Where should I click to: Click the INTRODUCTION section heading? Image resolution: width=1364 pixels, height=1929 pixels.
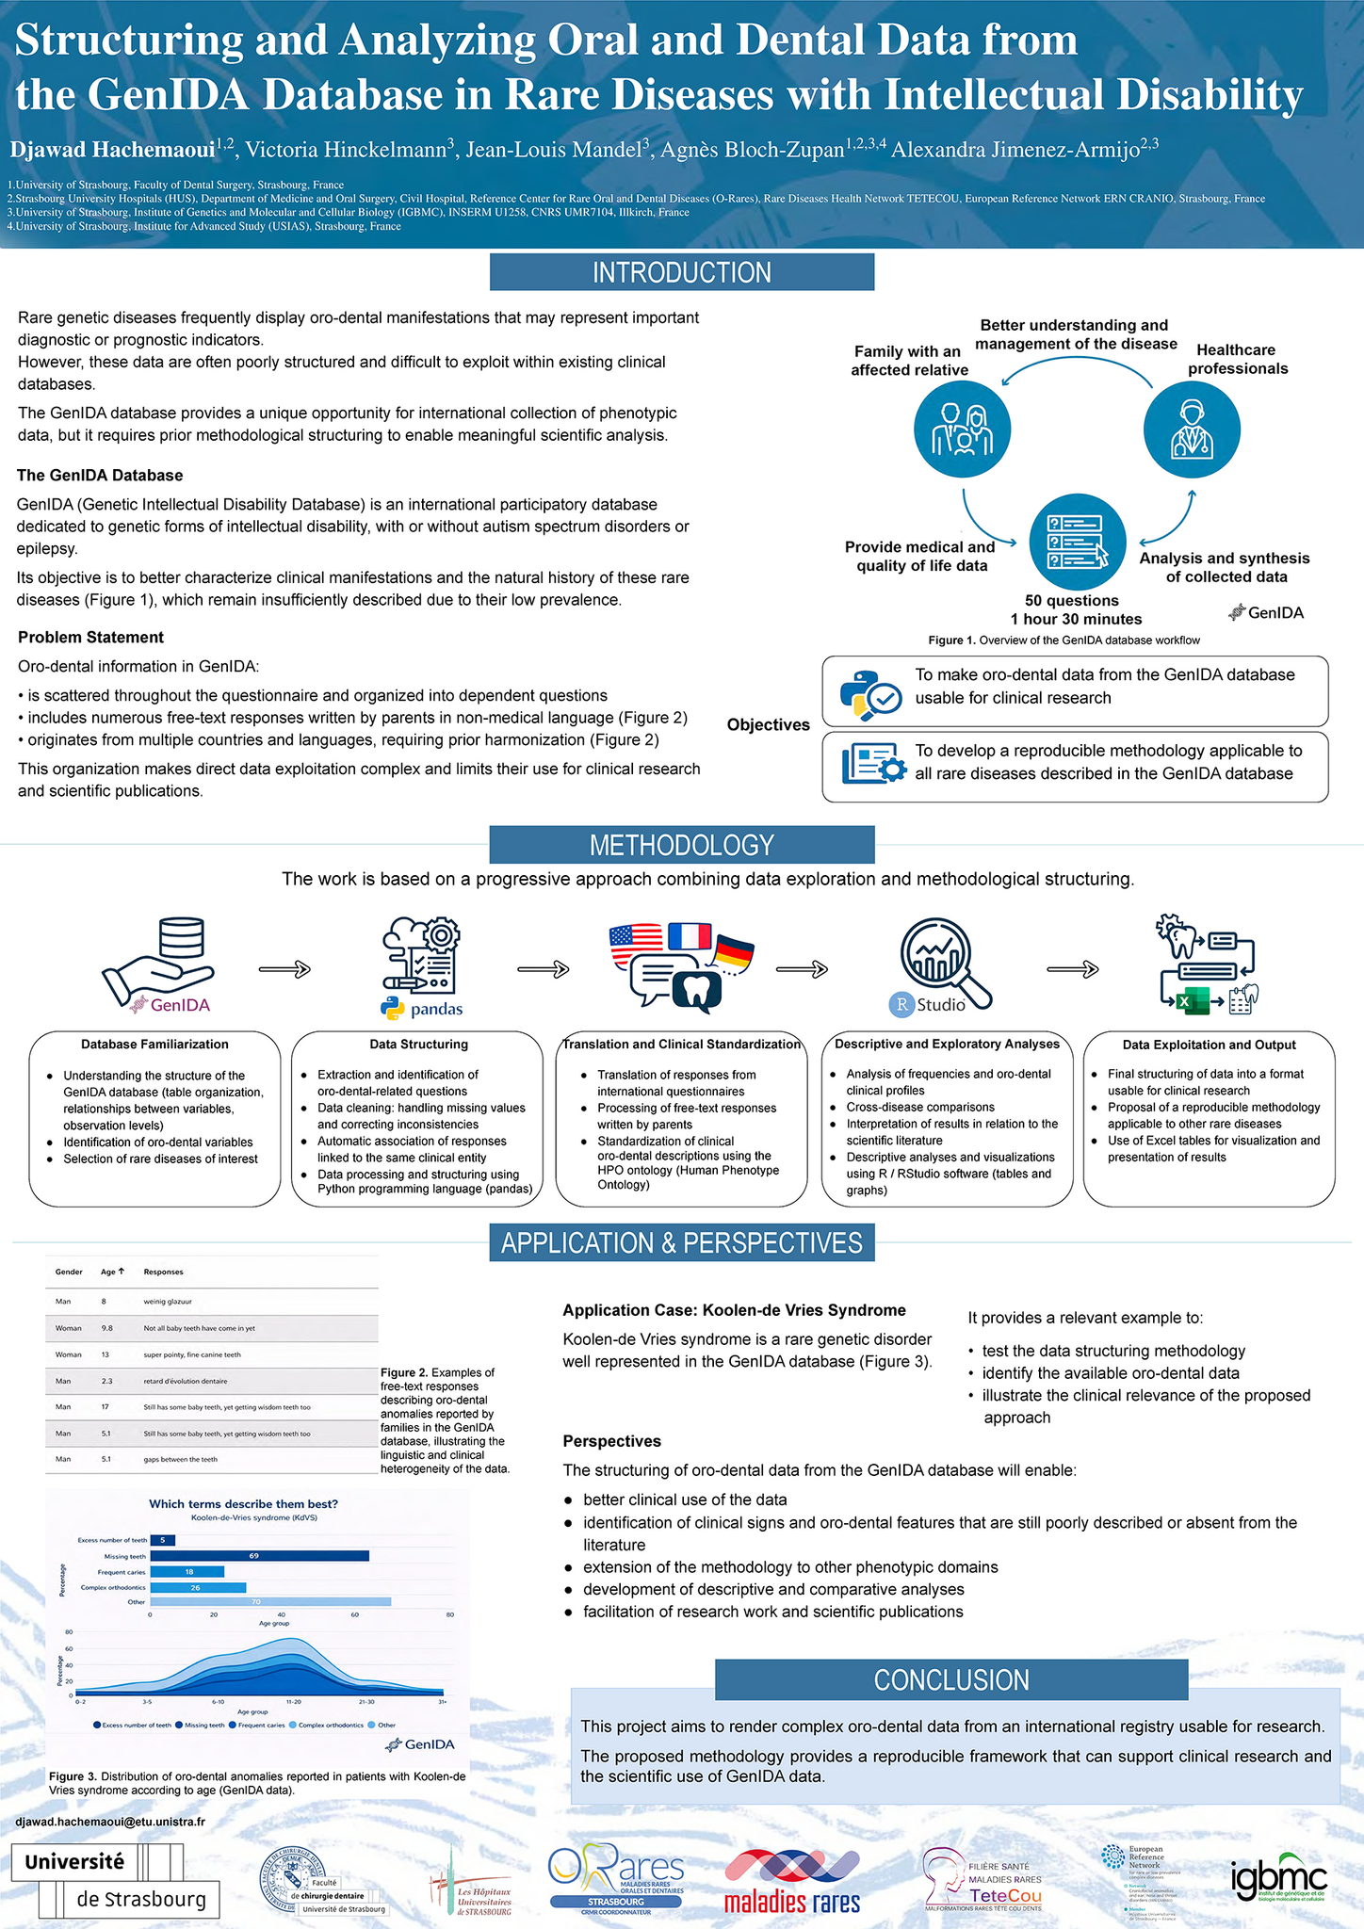(681, 272)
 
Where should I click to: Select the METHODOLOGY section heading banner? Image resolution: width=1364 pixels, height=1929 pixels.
(681, 845)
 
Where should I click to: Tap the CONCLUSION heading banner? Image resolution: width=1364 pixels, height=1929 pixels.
(951, 1679)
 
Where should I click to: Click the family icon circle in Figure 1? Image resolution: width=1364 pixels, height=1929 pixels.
(962, 430)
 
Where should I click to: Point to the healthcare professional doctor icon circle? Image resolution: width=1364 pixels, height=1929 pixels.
(1192, 430)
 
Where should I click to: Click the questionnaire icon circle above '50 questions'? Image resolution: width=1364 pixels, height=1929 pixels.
(1078, 543)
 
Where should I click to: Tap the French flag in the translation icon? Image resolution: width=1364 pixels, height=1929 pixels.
(689, 936)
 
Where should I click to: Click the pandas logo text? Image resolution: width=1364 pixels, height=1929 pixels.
(436, 1010)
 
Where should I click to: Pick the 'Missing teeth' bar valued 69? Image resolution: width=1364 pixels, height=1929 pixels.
(259, 1556)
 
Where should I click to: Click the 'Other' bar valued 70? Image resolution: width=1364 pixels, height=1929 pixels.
(270, 1601)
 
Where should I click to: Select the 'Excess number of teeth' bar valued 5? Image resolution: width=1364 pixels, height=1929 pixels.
(162, 1540)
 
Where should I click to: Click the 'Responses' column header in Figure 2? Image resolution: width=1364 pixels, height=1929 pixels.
(163, 1272)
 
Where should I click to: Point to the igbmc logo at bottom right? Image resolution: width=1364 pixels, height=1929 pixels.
(1278, 1882)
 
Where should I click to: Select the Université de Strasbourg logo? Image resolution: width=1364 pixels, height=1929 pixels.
(115, 1881)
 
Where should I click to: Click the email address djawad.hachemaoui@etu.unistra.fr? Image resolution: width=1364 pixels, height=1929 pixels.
(111, 1822)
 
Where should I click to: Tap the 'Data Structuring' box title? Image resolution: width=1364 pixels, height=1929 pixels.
(418, 1044)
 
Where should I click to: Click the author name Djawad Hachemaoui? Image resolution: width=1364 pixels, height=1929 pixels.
(112, 149)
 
